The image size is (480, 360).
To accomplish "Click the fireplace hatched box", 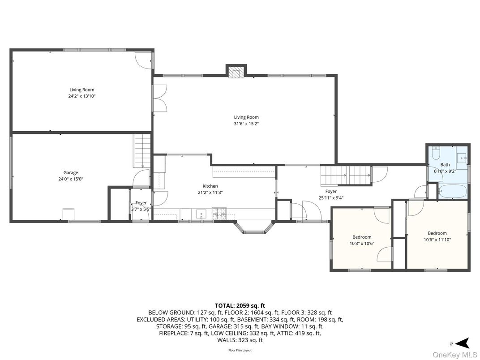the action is click(236, 73).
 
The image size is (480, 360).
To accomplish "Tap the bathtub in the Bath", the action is click(452, 192).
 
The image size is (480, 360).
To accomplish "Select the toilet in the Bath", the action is click(436, 151).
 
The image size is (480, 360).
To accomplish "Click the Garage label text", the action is click(71, 173).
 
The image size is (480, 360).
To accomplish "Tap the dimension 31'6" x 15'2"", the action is click(246, 124).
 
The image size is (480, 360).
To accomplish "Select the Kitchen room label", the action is click(210, 186).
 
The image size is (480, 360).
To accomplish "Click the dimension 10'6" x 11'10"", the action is click(437, 240).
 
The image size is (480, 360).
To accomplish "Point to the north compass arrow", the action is click(463, 343).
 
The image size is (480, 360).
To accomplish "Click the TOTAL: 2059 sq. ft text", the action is click(240, 305).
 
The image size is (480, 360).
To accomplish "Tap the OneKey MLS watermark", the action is click(455, 355).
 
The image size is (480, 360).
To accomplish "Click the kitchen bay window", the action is click(253, 228).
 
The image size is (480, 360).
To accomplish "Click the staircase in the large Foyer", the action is click(346, 176).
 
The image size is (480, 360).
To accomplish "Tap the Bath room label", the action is click(445, 165).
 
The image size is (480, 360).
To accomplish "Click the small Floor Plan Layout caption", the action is click(240, 350).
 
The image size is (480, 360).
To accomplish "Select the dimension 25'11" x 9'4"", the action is click(331, 198).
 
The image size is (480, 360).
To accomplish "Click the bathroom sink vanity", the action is click(462, 158).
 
